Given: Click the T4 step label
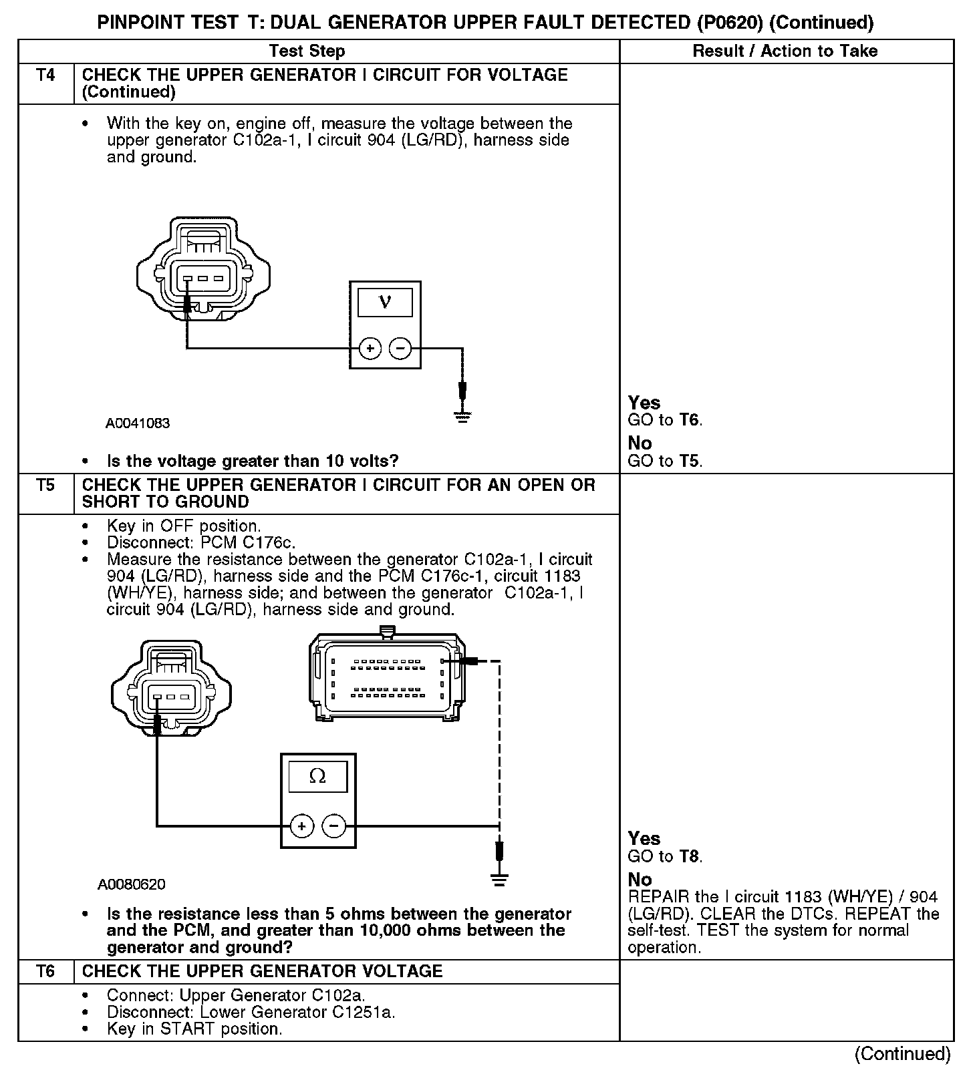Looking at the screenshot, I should [45, 75].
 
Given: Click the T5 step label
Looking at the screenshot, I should [45, 485].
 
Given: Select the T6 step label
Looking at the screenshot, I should [45, 971].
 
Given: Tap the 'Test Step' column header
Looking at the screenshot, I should [307, 51].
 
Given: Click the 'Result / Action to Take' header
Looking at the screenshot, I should [785, 51].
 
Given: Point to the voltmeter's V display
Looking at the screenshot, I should [385, 302].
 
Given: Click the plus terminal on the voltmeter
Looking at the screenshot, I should [370, 348].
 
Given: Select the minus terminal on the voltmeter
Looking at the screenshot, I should [400, 348].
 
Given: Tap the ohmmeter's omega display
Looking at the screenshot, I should [317, 777].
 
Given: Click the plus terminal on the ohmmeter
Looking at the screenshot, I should [301, 826].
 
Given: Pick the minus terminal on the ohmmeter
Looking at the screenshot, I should [334, 826].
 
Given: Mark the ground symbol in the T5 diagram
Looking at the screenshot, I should [499, 879].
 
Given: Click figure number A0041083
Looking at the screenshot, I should [138, 423].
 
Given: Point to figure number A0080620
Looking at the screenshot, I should [132, 884].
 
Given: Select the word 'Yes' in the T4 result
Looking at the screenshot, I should [644, 403].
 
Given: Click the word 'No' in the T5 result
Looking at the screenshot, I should [640, 880].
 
